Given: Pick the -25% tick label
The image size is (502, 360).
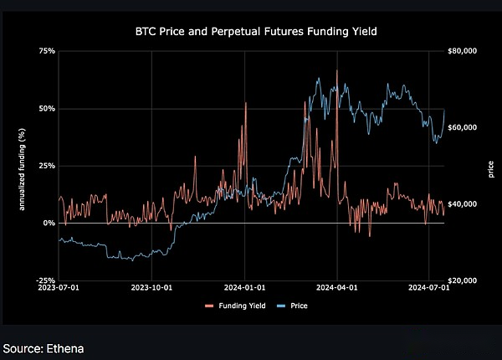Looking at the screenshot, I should (46, 280).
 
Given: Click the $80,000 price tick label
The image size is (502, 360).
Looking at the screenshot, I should (463, 51).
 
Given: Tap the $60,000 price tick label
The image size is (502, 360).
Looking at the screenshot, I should (463, 127).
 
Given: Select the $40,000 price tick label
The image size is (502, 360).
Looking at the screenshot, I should (463, 204).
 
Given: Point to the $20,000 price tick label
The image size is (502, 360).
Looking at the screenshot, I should (463, 280).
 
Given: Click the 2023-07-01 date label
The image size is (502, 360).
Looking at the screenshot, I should (59, 288).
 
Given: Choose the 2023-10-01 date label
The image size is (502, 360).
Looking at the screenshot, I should (151, 288).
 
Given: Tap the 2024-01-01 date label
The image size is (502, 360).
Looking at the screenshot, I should (244, 288).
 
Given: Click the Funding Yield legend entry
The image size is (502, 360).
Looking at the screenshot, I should (238, 306).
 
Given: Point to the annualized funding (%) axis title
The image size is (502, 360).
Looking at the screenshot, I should (23, 166).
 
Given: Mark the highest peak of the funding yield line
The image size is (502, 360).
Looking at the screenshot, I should (336, 70).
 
